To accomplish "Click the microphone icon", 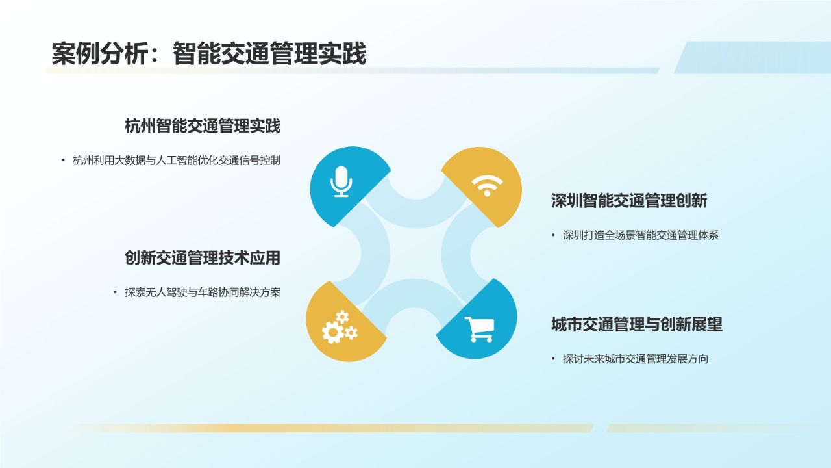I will coord(341,181).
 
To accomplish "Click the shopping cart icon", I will coord(480,329).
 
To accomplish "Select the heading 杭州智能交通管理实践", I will coord(203,126).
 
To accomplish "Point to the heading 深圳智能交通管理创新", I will coord(628,201).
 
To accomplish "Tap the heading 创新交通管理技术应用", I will coord(203,258).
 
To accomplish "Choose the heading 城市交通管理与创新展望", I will coord(636,324).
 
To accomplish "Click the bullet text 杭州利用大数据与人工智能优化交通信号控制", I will coord(177,161).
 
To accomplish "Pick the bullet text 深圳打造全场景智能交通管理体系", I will coord(641,235).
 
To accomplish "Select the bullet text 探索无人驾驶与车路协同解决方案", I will coord(203,292).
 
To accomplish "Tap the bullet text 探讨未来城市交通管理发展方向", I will coord(636,359).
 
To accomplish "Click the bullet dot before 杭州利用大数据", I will coord(64,161).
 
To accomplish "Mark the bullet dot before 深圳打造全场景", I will coord(554,235).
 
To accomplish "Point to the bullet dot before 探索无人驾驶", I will coord(116,292).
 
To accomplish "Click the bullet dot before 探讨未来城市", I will coord(554,359).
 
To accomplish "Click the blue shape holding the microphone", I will coord(331,195).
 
